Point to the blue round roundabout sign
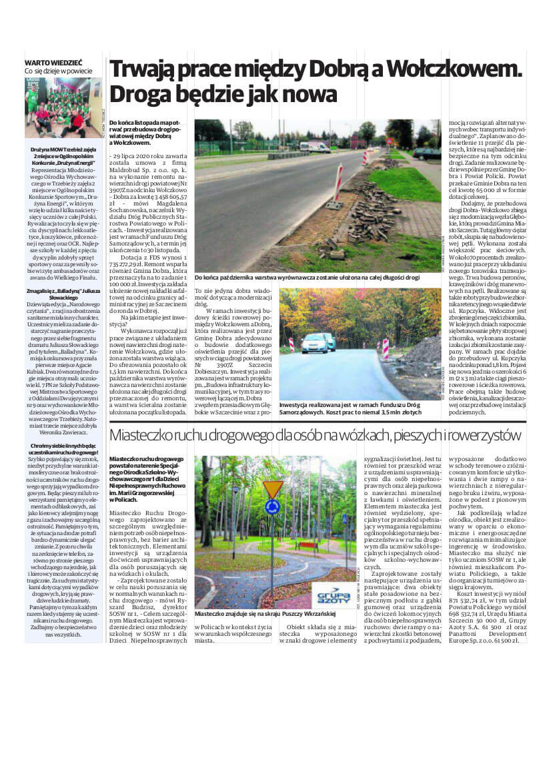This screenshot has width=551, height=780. point(272,506)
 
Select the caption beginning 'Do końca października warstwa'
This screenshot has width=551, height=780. point(307,276)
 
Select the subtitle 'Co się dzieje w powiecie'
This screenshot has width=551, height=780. point(59,70)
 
